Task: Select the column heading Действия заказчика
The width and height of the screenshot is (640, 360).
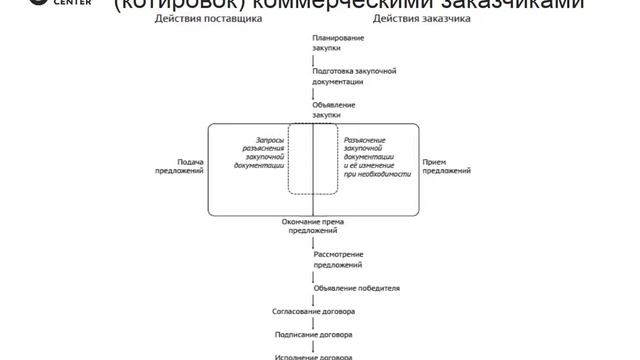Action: pyautogui.click(x=411, y=19)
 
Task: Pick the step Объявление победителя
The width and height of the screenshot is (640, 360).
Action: pyautogui.click(x=356, y=288)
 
